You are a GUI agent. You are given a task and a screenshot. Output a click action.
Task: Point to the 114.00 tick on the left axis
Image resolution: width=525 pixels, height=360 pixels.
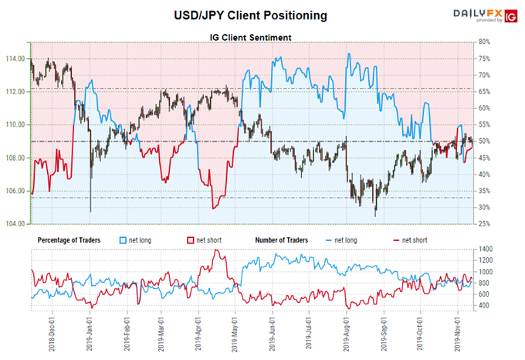pos(15,59)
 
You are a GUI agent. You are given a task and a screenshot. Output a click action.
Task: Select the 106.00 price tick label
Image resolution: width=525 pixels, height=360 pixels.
pos(15,191)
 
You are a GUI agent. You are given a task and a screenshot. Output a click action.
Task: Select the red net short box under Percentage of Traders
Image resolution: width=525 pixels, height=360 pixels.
pos(191,240)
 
